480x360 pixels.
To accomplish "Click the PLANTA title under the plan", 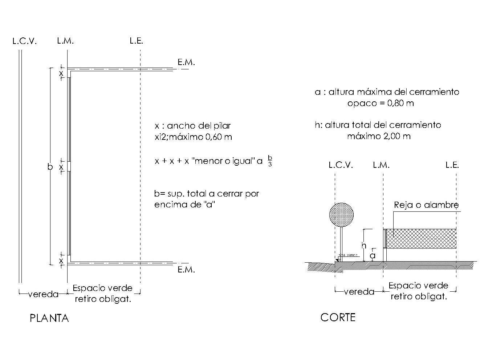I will pyautogui.click(x=49, y=318).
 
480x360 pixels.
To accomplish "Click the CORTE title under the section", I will pyautogui.click(x=338, y=317).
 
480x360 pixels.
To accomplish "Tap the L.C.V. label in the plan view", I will pyautogui.click(x=25, y=41).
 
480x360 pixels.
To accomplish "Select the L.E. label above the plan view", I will pyautogui.click(x=136, y=41).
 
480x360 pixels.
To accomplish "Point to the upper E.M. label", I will pyautogui.click(x=186, y=62).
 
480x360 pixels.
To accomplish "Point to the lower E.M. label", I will pyautogui.click(x=186, y=270).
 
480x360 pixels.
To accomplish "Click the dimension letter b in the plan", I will pyautogui.click(x=50, y=167).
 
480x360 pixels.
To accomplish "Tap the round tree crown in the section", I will pyautogui.click(x=341, y=214).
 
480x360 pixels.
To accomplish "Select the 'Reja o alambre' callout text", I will pyautogui.click(x=426, y=205).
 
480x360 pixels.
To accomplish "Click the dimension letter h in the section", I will pyautogui.click(x=364, y=246).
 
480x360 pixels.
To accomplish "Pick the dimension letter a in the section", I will pyautogui.click(x=373, y=256).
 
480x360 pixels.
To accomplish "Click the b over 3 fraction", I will pyautogui.click(x=270, y=161).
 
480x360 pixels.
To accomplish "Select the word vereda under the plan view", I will pyautogui.click(x=43, y=294).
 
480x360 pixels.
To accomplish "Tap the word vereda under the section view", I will pyautogui.click(x=359, y=292).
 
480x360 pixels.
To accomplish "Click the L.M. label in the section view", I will pyautogui.click(x=381, y=165).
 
